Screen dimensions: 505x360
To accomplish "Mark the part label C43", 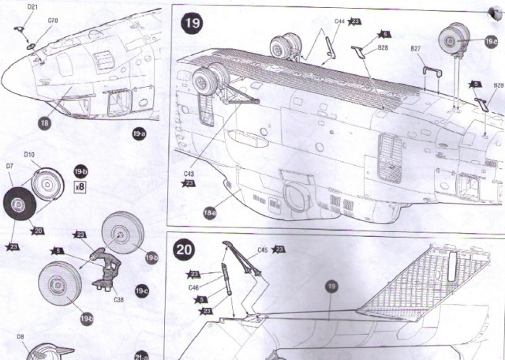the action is pos(189,173).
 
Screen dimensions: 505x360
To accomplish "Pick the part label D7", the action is pos(9,167).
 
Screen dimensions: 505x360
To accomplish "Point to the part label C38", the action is pos(119,299).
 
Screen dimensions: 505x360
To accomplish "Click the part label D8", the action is pos(21,337).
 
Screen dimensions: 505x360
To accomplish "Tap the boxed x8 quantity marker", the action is pos(79,188).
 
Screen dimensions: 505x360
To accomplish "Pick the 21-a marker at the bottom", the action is pos(142,354).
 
